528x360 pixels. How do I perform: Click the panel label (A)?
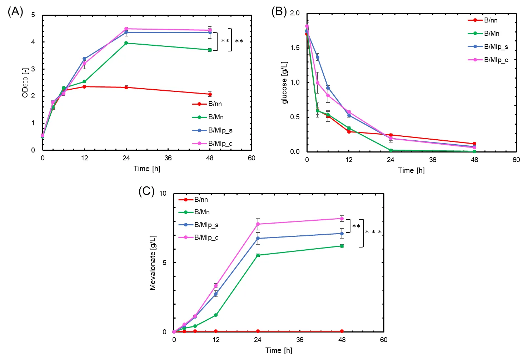click(15, 12)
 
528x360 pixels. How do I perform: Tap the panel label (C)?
click(146, 191)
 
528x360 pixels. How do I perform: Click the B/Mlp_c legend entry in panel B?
click(496, 60)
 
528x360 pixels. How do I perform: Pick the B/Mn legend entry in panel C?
click(202, 212)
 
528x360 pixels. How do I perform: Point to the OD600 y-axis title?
click(25, 82)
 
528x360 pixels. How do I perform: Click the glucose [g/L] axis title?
click(285, 82)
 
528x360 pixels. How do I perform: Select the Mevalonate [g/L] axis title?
click(153, 262)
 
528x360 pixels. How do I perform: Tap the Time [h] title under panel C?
click(279, 350)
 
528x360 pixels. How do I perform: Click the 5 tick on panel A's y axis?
click(33, 15)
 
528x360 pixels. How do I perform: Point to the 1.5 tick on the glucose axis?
click(295, 48)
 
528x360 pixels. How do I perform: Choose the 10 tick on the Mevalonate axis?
click(163, 194)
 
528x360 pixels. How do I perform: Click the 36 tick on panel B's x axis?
click(433, 160)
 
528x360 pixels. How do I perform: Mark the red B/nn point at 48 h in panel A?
click(210, 94)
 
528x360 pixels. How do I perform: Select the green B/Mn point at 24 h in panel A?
click(126, 43)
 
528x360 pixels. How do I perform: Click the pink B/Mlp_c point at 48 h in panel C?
click(342, 219)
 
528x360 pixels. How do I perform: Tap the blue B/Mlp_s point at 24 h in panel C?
click(258, 238)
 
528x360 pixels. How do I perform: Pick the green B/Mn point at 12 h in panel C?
click(216, 315)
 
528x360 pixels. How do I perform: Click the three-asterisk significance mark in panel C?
click(373, 232)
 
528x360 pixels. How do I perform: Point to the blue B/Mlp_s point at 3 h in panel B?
click(318, 57)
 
